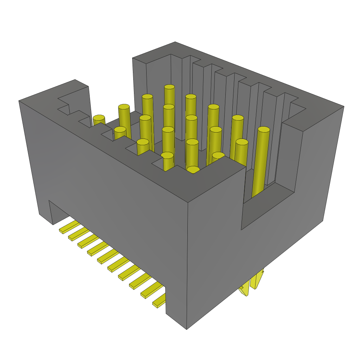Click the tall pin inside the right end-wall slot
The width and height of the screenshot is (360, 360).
[261, 162]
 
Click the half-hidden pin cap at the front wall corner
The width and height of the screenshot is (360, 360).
[193, 170]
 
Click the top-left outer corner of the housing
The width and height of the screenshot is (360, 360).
[19, 101]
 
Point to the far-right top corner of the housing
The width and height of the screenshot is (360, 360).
[344, 106]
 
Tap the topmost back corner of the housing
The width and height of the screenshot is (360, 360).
[175, 42]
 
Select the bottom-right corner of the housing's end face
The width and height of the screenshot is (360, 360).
[323, 221]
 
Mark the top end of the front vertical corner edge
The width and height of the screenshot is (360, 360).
[188, 203]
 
